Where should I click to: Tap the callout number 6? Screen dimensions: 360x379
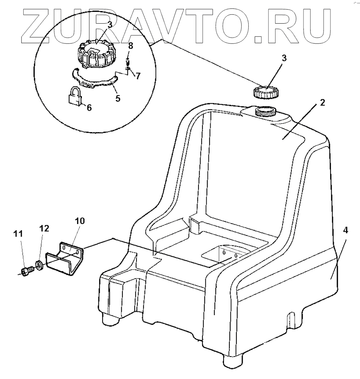coord(89,107)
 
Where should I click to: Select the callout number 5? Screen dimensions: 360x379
coord(118,99)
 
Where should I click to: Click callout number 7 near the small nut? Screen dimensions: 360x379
coord(138,76)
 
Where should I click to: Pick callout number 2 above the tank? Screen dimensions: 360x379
coord(322,102)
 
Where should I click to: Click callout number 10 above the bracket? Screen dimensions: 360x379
coord(80,221)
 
